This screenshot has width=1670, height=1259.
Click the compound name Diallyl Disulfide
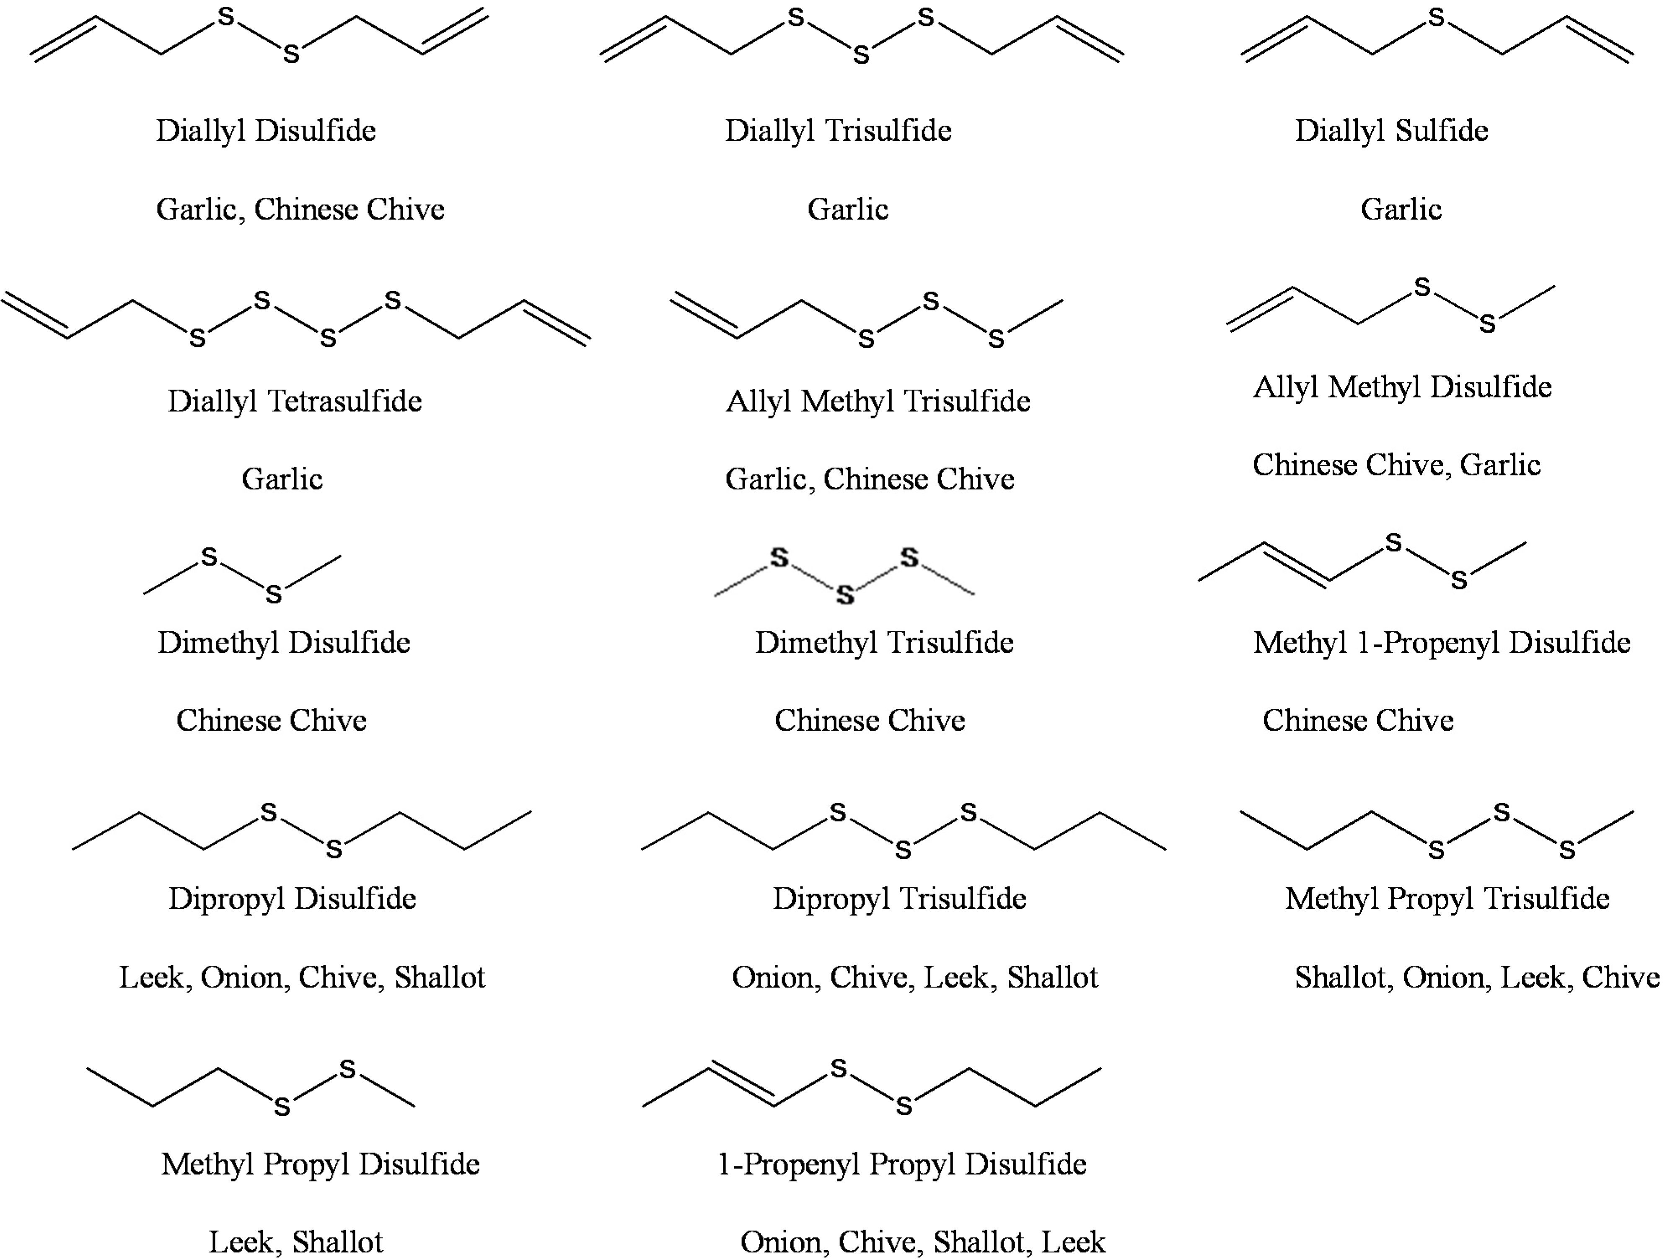266,131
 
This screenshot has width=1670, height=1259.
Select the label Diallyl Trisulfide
838,131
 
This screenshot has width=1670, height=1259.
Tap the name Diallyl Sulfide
1391,131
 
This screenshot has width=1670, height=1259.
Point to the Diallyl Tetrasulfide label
295,401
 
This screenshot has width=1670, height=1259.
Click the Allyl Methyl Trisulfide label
878,401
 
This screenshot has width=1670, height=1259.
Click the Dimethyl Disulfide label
284,642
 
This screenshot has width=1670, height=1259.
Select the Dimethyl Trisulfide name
884,642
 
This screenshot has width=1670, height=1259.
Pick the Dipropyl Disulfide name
292,898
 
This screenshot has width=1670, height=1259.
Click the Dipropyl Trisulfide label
899,898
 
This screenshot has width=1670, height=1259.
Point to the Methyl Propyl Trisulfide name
1447,898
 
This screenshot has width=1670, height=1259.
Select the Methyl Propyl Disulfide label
320,1164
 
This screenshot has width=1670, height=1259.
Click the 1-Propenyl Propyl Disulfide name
901,1164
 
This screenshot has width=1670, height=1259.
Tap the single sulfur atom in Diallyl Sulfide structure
1437,17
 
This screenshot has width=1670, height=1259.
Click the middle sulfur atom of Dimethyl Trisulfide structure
845,595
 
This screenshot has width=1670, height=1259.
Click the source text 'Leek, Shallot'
296,1242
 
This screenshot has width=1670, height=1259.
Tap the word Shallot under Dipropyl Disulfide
439,977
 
